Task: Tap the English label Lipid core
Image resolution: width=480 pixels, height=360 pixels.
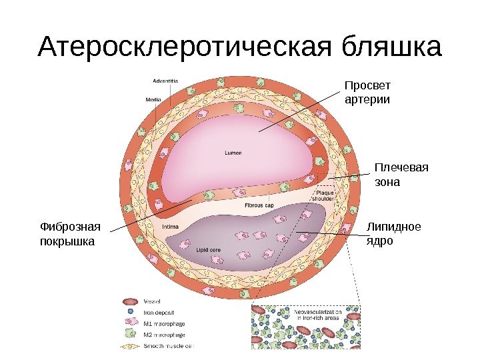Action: (208, 250)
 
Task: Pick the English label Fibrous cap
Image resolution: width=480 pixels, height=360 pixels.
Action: (259, 205)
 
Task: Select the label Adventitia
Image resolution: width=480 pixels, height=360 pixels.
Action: (165, 81)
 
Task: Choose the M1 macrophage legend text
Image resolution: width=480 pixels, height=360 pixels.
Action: (164, 323)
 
